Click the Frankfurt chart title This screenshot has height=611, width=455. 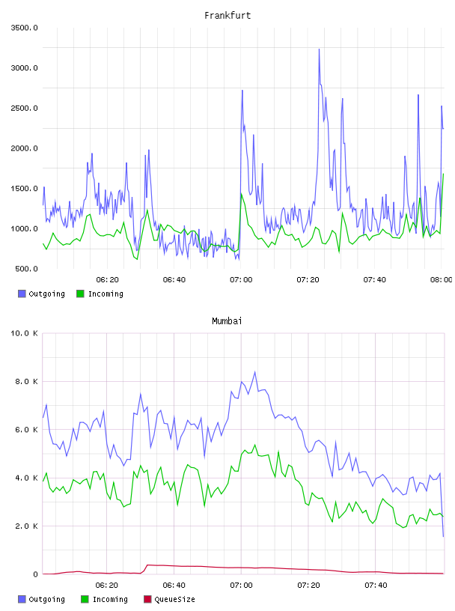pos(227,16)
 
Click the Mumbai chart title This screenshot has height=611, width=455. pos(227,321)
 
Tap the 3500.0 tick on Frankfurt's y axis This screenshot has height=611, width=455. pos(24,28)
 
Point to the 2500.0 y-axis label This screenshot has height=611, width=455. pos(24,108)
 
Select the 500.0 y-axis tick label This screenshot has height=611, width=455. pos(26,269)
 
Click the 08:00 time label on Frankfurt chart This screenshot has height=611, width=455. pos(442,280)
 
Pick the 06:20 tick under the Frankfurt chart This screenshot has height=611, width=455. pos(108,280)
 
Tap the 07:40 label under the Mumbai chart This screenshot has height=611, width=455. pos(376,586)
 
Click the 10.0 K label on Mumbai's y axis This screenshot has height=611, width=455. pos(24,333)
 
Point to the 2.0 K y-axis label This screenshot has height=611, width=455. pos(26,526)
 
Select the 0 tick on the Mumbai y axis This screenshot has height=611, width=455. pos(35,574)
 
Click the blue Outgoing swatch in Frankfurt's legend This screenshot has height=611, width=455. pos(22,294)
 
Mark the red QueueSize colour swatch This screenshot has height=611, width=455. pos(147,599)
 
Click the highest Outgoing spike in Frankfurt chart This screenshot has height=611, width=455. pos(319,50)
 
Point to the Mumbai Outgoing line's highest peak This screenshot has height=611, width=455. pos(254,373)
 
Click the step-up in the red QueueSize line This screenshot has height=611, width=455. pos(145,568)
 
